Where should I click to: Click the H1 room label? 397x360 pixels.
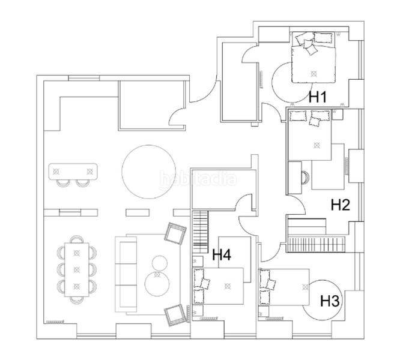[317, 96]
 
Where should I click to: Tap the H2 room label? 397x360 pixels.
[341, 205]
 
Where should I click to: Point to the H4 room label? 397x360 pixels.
[222, 255]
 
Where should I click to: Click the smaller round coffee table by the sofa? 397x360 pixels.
[160, 262]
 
